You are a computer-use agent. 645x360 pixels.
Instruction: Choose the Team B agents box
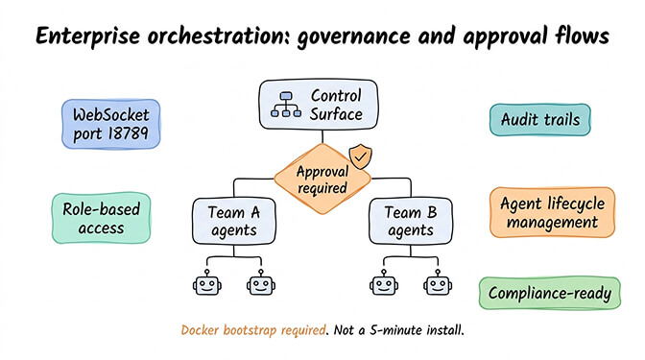(x=408, y=220)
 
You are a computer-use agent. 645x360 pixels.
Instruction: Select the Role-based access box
(x=94, y=219)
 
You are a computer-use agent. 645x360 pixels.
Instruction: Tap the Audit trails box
(x=546, y=120)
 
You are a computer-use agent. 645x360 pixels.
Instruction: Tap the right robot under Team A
(x=257, y=283)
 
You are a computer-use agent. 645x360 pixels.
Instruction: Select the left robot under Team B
(x=381, y=283)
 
